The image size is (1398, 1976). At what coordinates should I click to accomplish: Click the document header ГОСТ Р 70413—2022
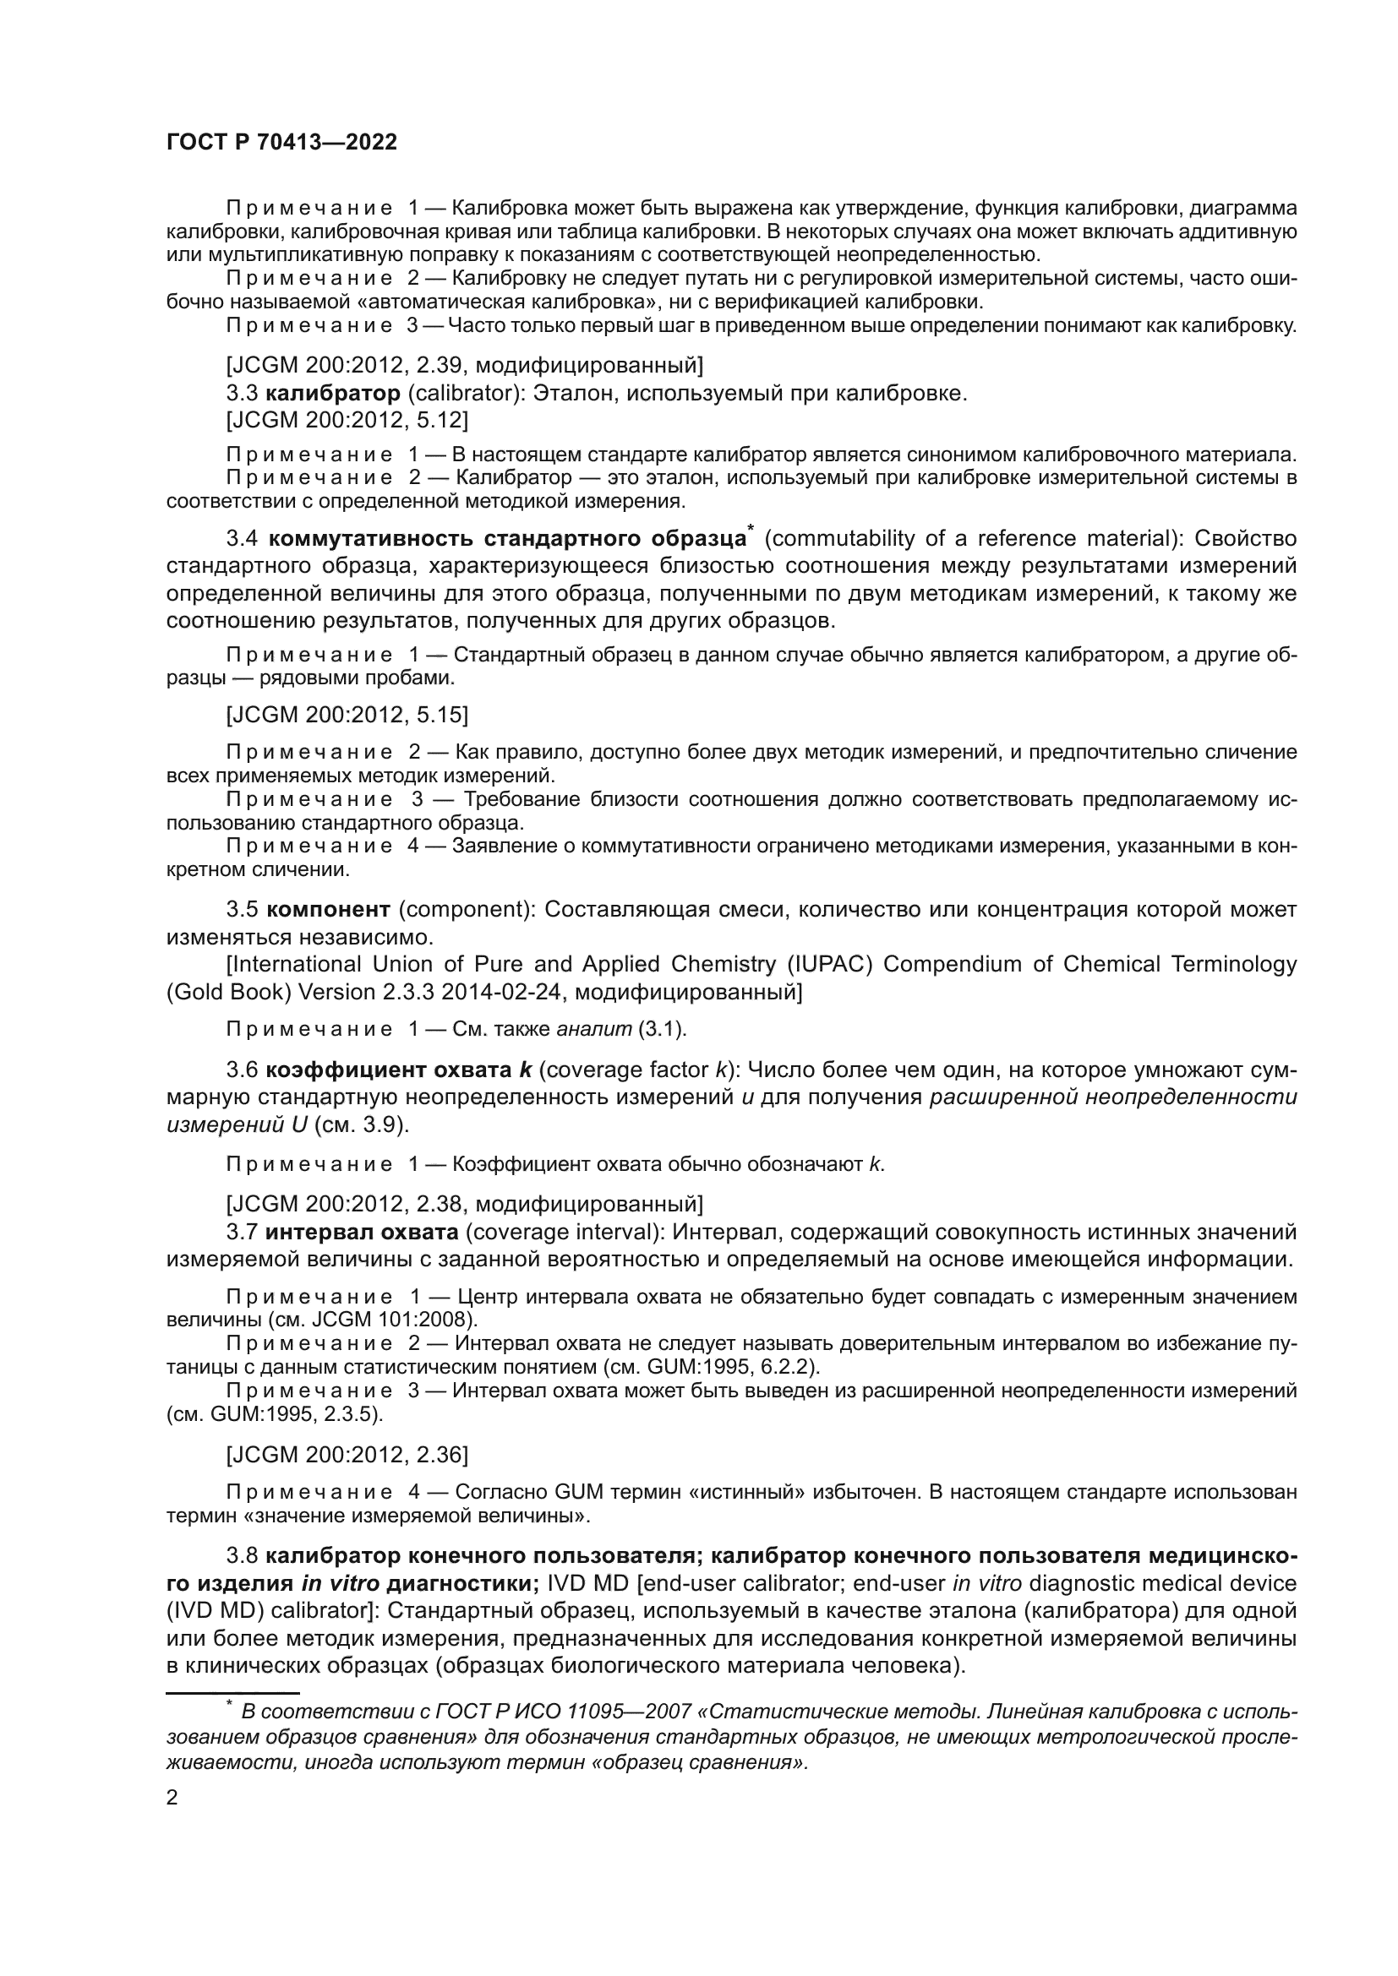pos(281,143)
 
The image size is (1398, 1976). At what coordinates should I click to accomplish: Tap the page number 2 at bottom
pos(172,1799)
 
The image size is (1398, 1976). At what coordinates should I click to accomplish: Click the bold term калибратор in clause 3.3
pos(333,394)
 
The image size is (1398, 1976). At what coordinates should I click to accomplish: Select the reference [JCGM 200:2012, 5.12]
pos(347,420)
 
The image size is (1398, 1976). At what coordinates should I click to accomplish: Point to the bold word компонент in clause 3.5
pos(328,910)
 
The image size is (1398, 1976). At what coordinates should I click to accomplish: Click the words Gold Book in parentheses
pos(229,992)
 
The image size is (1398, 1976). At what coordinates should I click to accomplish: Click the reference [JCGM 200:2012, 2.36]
pos(347,1455)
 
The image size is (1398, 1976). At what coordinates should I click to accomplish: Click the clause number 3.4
pos(242,539)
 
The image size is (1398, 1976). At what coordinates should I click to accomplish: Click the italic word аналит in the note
pos(583,1029)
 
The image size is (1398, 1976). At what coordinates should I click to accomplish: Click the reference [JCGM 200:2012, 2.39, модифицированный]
pos(464,366)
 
